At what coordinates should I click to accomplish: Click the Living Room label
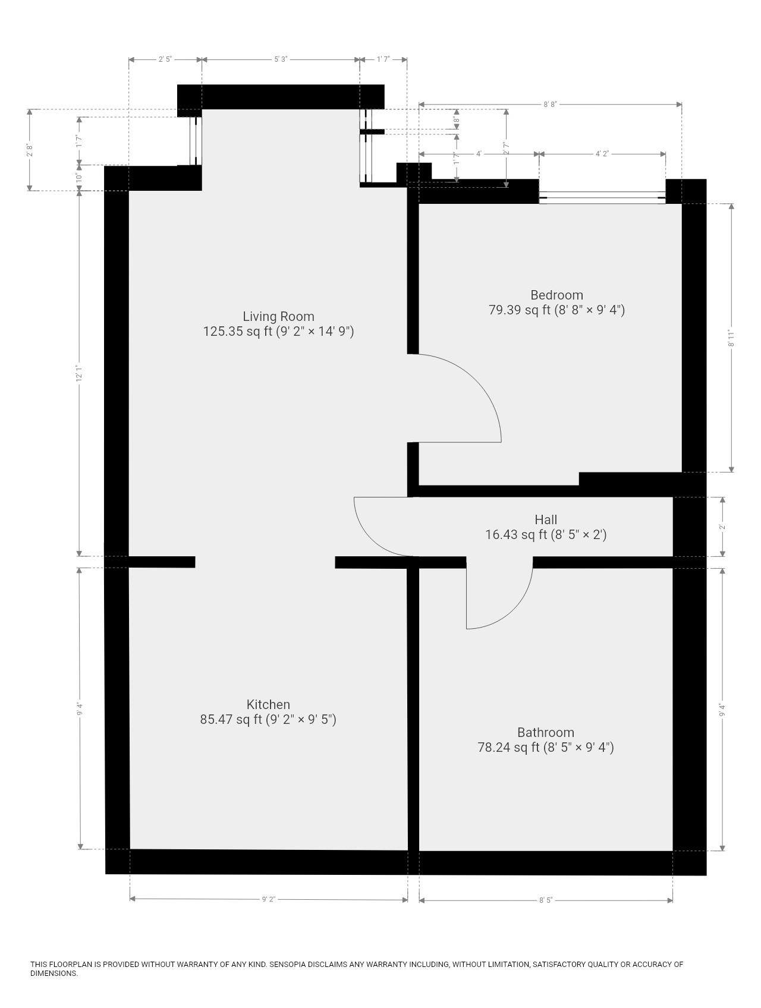(x=278, y=316)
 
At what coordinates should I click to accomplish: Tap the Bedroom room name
(x=556, y=295)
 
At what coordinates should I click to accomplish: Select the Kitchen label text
(x=268, y=704)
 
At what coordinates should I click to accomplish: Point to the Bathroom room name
(x=546, y=732)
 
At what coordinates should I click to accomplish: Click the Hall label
(x=546, y=519)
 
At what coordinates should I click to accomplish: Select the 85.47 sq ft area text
(x=231, y=720)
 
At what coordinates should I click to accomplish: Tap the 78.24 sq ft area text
(x=508, y=748)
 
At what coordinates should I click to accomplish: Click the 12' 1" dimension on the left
(x=78, y=373)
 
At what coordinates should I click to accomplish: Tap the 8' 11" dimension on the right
(x=732, y=338)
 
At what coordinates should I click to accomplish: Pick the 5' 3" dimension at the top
(x=281, y=59)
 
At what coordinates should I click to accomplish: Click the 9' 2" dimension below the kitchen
(x=269, y=899)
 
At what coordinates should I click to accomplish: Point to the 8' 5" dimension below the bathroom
(x=546, y=900)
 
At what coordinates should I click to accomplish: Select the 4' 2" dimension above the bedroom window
(x=602, y=154)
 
